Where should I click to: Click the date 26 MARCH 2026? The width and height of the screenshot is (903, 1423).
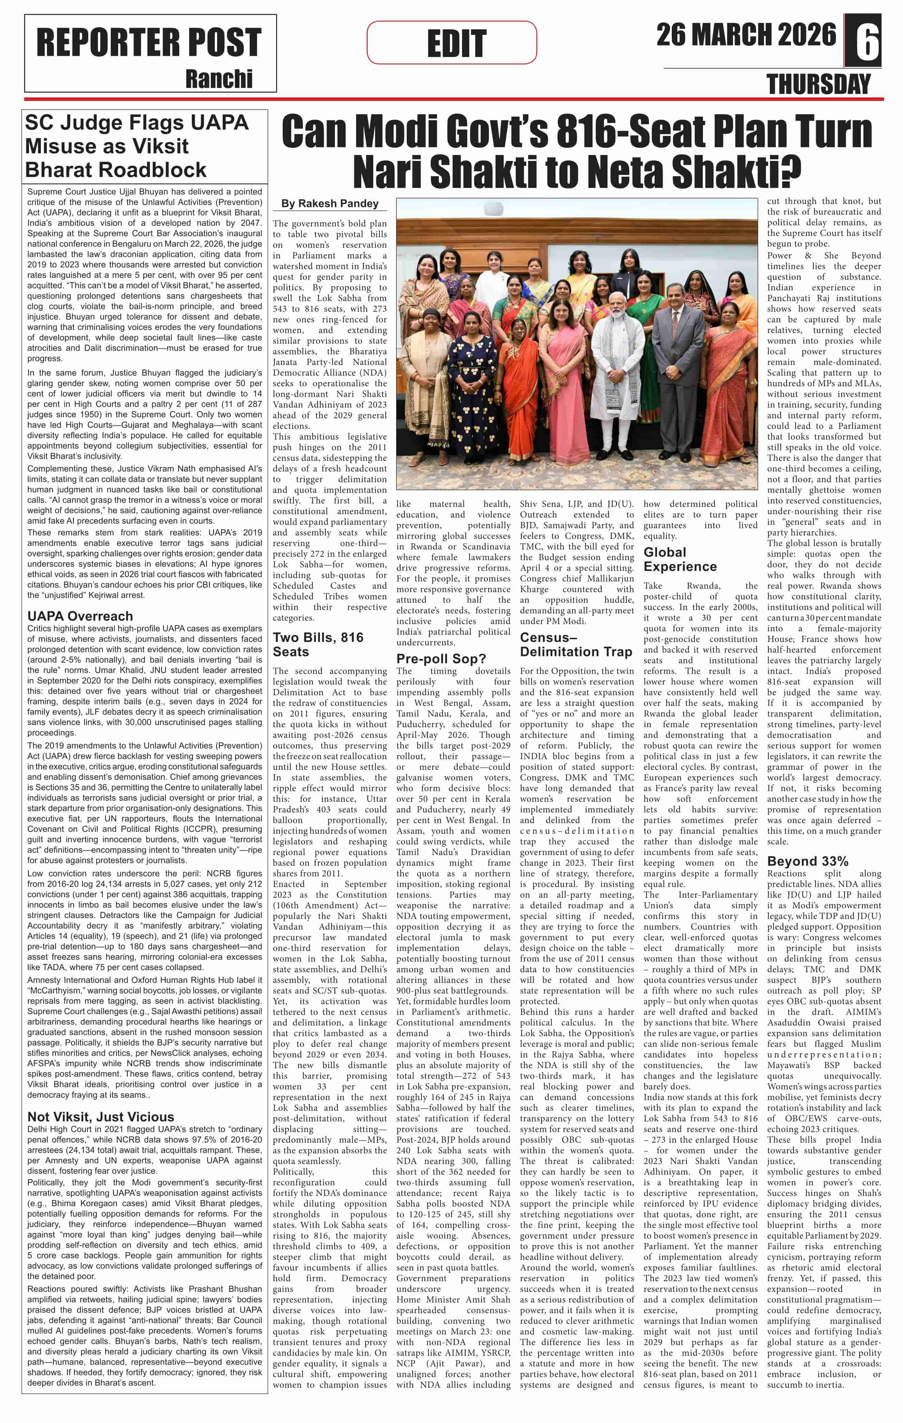[x=746, y=35]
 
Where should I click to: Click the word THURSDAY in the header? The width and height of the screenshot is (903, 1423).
[x=818, y=85]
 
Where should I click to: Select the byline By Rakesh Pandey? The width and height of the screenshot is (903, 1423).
[x=330, y=203]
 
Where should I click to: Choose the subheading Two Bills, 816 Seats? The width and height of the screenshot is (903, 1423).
[x=318, y=644]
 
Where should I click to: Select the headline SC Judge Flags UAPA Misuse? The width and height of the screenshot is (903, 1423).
[x=136, y=146]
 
